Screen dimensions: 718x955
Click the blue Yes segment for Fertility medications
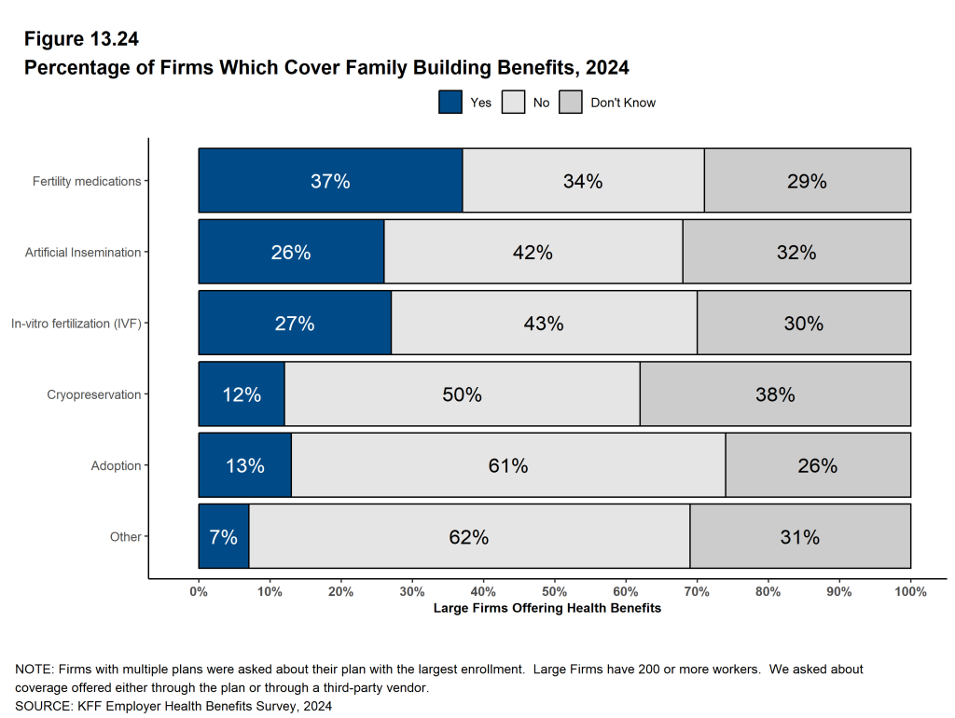[x=330, y=181]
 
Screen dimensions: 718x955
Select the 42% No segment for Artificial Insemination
[x=533, y=252]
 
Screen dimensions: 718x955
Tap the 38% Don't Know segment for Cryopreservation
[x=775, y=394]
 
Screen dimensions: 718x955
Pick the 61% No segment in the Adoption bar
[x=508, y=465]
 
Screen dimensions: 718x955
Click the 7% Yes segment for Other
[x=224, y=536]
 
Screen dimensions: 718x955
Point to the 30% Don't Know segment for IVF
[x=803, y=324]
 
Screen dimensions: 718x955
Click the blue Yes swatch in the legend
[x=450, y=103]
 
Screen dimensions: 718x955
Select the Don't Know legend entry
[x=622, y=103]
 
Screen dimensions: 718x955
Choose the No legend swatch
[x=514, y=103]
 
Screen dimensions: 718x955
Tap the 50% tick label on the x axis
[x=554, y=591]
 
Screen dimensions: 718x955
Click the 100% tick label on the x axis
[x=909, y=591]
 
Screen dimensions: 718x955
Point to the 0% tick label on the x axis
[x=199, y=591]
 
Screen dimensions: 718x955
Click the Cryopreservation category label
[x=94, y=394]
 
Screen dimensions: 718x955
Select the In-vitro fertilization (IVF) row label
[x=76, y=324]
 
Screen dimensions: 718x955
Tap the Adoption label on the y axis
[x=116, y=465]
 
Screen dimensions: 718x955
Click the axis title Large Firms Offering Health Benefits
[x=547, y=608]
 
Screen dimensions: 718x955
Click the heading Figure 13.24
[x=81, y=39]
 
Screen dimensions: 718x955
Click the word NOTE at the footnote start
[x=34, y=670]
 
